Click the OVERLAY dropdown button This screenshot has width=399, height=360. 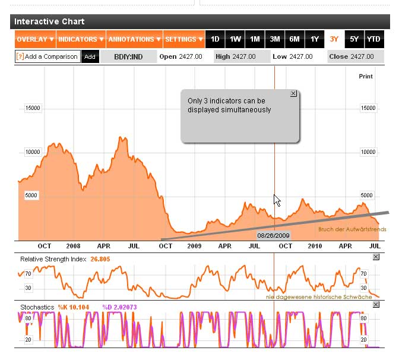[x=35, y=39]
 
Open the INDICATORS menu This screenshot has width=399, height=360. [x=81, y=39]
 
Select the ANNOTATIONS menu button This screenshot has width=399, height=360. [x=134, y=39]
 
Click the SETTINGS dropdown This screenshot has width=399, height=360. [x=184, y=39]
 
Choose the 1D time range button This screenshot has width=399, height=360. [x=216, y=39]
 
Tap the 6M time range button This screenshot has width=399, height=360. [x=294, y=39]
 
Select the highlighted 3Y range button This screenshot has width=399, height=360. [x=334, y=39]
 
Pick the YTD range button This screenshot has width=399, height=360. [x=373, y=39]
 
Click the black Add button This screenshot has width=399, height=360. [x=90, y=56]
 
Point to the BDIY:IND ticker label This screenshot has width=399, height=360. [x=128, y=56]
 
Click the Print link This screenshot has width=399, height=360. [x=366, y=76]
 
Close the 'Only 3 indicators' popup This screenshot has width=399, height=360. [x=293, y=94]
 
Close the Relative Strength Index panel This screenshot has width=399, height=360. [x=375, y=257]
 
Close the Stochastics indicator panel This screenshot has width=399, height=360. [x=375, y=304]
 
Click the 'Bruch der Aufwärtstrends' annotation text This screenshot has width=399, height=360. [x=352, y=229]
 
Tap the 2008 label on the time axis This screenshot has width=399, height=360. [x=73, y=245]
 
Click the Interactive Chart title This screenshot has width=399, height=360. [x=49, y=21]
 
